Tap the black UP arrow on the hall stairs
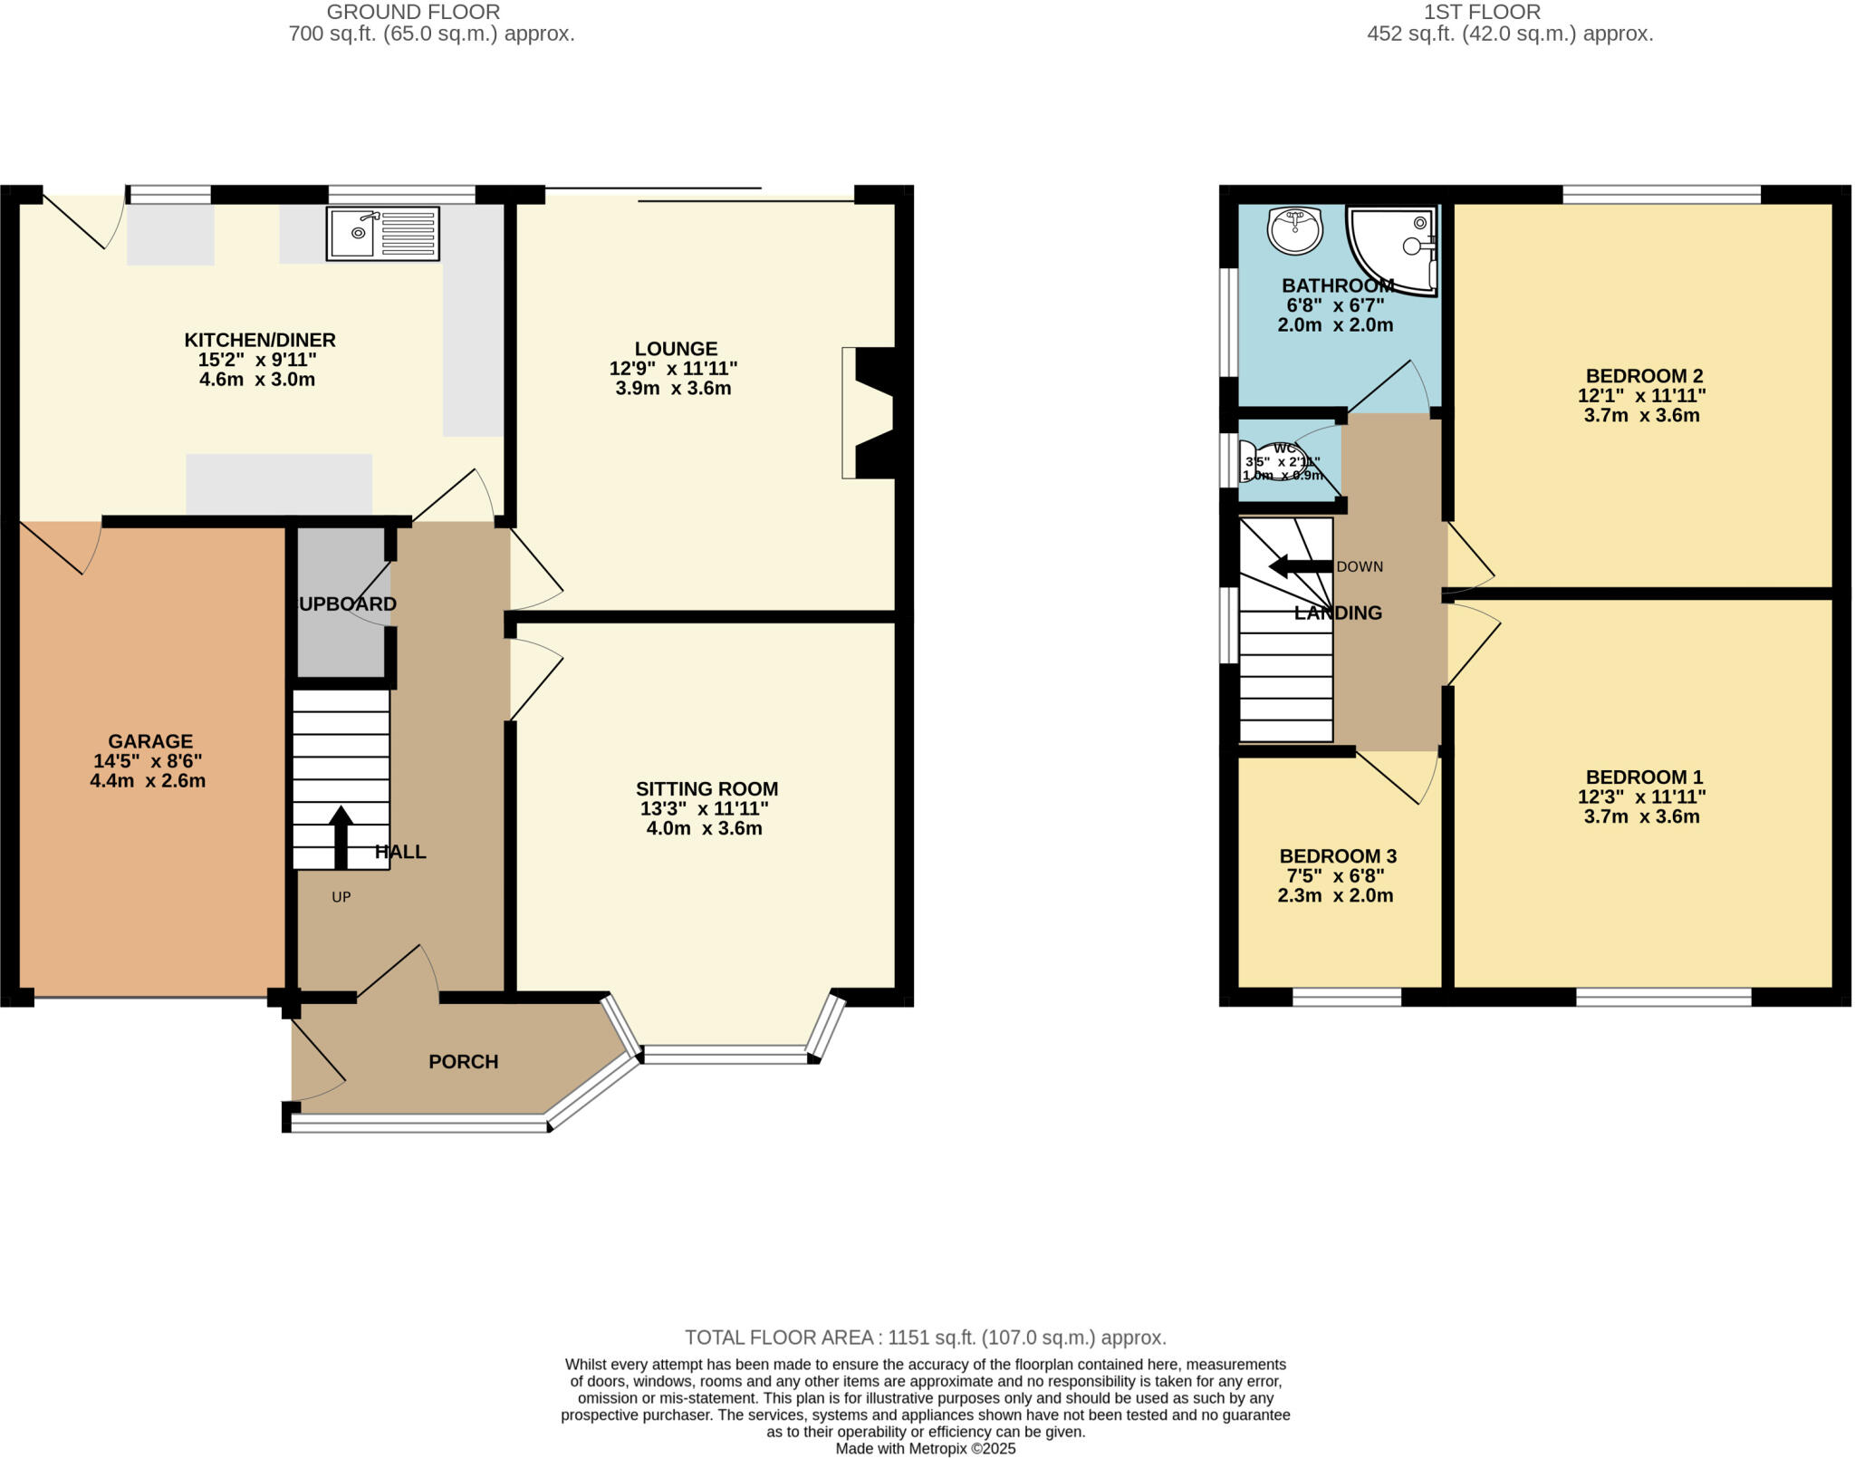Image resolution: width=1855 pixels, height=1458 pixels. click(341, 836)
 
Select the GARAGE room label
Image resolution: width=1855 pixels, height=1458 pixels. click(150, 741)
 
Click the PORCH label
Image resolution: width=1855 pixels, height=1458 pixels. click(463, 1061)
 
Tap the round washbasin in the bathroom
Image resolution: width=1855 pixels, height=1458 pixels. click(1295, 229)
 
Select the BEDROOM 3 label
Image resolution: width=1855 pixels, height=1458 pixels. click(1338, 856)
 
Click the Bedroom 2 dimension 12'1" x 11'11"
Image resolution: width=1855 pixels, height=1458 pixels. click(1641, 395)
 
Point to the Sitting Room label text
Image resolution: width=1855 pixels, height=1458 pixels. click(706, 788)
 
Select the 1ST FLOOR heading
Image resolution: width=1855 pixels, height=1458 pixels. click(1482, 12)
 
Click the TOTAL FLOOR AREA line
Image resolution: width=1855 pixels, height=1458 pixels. click(925, 1337)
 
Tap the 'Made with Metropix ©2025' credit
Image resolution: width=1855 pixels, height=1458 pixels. click(925, 1448)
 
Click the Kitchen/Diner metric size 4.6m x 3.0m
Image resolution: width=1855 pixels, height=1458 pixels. click(257, 380)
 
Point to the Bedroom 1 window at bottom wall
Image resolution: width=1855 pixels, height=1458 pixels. click(1663, 997)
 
